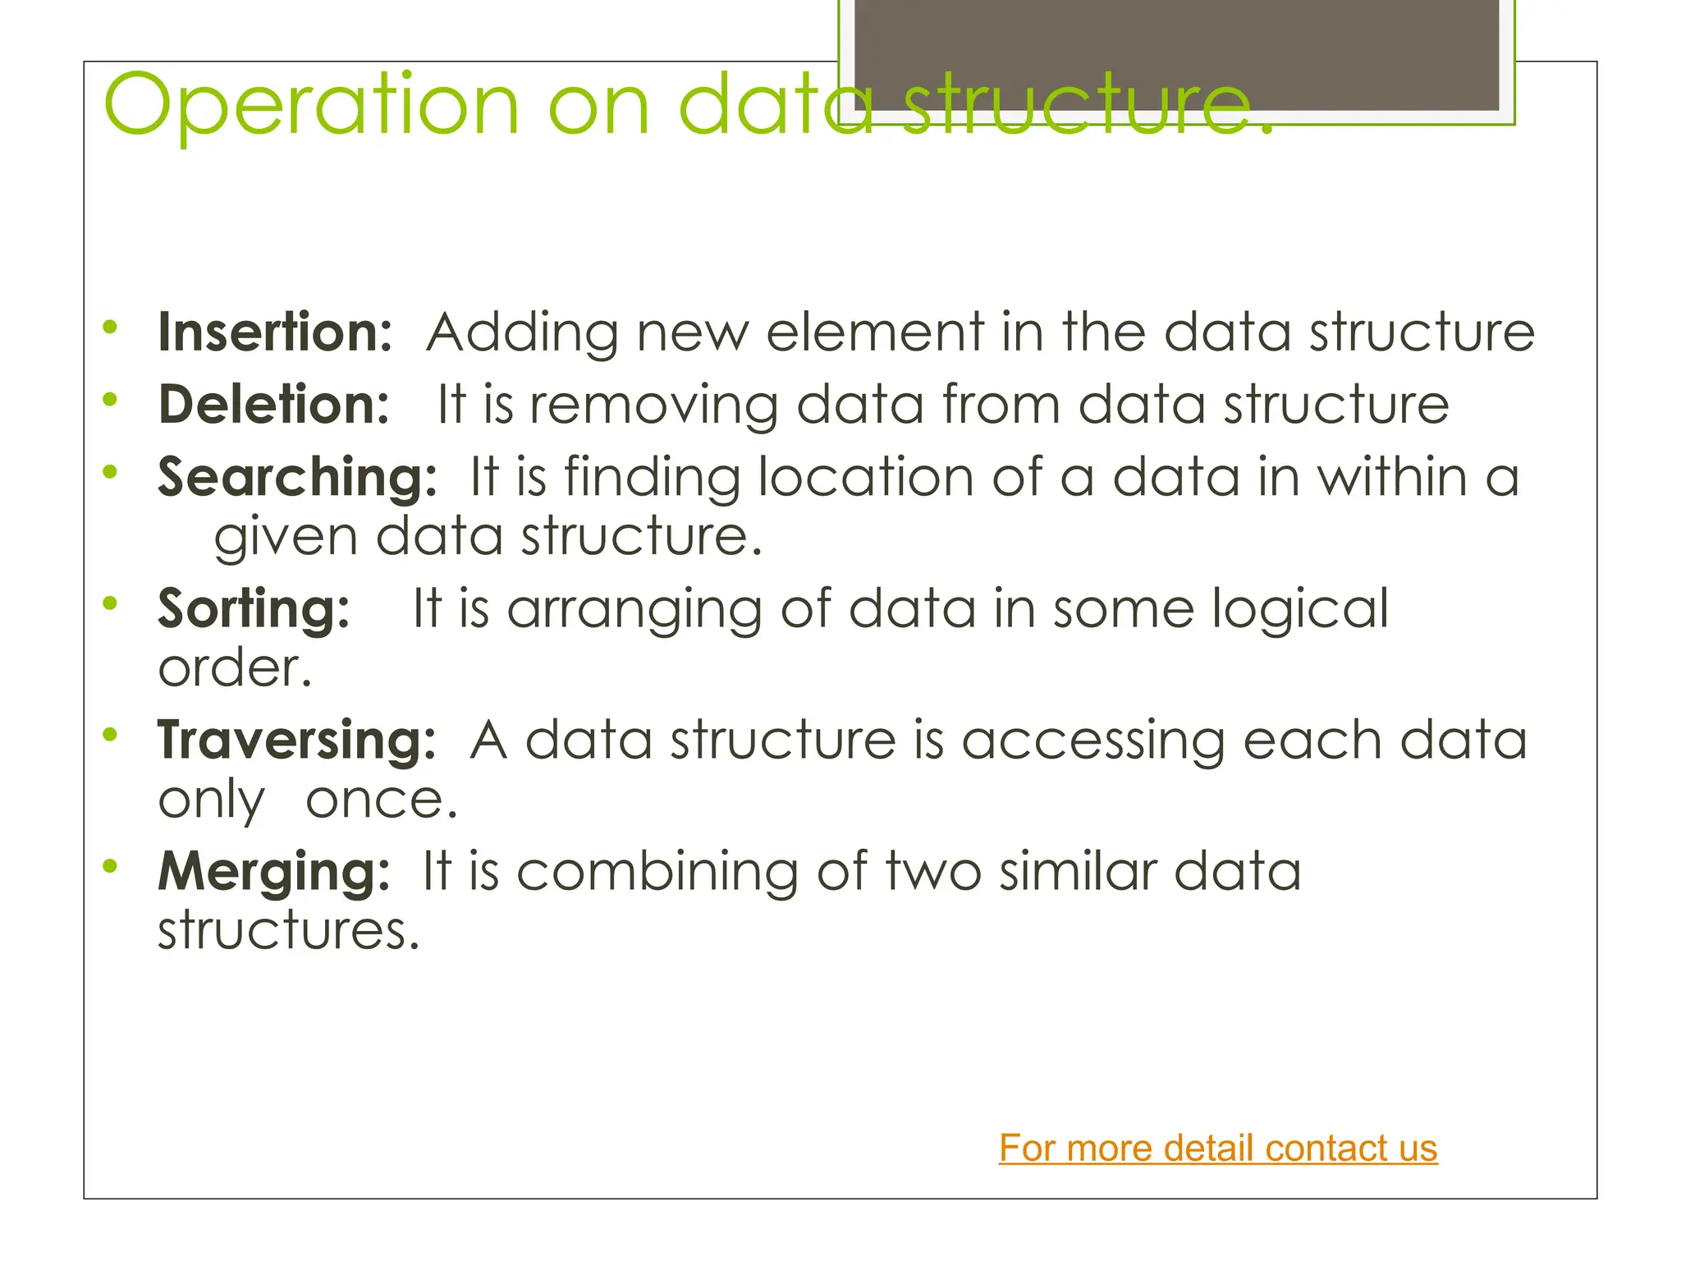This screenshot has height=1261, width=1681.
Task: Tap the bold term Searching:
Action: click(297, 478)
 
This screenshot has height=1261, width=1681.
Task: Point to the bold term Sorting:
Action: click(254, 609)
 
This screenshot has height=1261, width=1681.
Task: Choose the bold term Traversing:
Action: click(296, 741)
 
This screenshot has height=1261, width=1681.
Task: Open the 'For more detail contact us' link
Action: click(1218, 1148)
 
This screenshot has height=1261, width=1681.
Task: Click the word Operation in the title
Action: click(312, 107)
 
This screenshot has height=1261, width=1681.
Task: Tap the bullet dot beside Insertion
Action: click(110, 327)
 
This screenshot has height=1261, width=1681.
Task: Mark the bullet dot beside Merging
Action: click(110, 865)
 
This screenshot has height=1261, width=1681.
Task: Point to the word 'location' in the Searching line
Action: click(865, 477)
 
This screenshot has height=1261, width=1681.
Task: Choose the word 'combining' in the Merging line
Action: click(657, 872)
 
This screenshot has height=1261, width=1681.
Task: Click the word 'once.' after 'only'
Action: click(382, 800)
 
